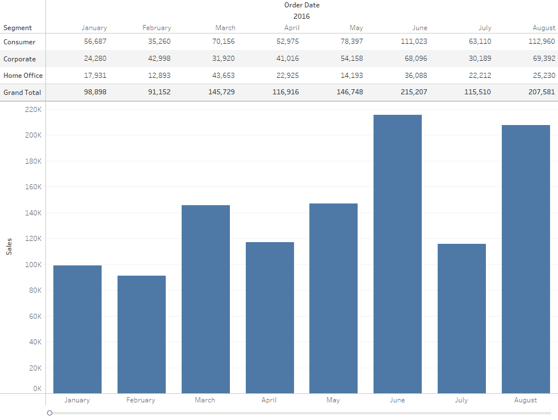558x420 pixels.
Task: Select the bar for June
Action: (x=397, y=254)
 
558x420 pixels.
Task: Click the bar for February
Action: (x=141, y=334)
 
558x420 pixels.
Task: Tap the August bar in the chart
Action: (x=526, y=259)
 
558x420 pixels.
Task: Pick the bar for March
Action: (x=205, y=299)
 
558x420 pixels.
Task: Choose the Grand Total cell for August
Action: (x=541, y=92)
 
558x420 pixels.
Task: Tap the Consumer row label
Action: (x=19, y=42)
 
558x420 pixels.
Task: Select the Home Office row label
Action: (x=23, y=76)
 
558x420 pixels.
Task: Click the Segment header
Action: (x=18, y=28)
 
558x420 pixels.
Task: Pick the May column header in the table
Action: (x=356, y=28)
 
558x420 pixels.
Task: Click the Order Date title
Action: (x=301, y=5)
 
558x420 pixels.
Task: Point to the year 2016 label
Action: (x=301, y=16)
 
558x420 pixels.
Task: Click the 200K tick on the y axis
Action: (x=33, y=135)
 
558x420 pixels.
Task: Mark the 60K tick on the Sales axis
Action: (x=35, y=316)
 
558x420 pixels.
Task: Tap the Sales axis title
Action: (x=9, y=246)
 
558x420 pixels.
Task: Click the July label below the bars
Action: (x=461, y=400)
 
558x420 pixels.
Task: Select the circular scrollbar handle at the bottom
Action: (x=50, y=413)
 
